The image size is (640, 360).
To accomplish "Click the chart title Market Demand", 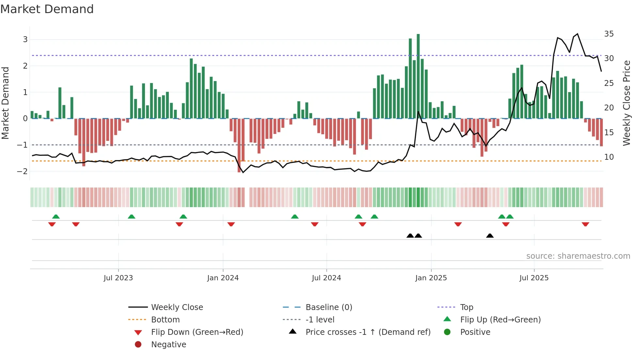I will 47,9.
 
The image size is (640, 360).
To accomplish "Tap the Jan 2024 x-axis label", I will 223,278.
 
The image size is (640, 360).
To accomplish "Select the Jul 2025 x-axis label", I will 534,278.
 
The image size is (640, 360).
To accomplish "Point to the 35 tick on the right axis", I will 609,34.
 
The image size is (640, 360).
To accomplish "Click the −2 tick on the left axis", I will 23,171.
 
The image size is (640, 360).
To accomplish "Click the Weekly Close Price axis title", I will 626,103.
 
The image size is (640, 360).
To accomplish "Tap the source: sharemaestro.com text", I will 578,256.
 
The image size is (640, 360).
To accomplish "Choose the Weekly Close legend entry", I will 177,307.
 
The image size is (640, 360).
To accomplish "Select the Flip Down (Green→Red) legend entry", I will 197,332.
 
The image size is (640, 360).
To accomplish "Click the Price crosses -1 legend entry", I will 368,332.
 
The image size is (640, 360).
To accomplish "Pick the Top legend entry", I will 466,307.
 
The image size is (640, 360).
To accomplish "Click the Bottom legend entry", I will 165,320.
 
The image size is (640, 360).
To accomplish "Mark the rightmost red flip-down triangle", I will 585,224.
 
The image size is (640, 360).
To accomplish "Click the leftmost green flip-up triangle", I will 56,217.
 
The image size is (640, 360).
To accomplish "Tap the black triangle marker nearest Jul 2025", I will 489,236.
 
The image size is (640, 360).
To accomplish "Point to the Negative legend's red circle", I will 138,345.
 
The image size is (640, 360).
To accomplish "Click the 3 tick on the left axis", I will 25,40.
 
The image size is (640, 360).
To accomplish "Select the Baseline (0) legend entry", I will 328,307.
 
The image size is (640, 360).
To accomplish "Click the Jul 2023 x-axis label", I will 118,278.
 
